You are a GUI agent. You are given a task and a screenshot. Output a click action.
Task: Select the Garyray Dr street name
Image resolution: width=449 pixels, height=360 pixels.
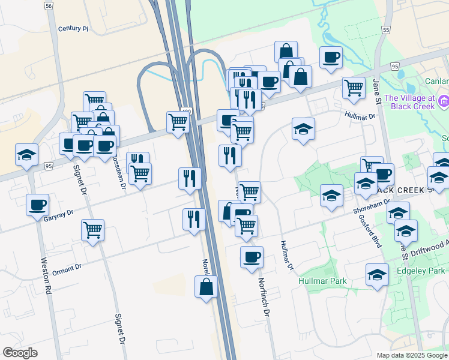pos(58,213)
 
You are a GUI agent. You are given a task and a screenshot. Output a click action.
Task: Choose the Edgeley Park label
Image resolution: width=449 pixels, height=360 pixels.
pos(419,271)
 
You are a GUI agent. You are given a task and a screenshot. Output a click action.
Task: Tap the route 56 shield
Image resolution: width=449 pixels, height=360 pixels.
pos(49,5)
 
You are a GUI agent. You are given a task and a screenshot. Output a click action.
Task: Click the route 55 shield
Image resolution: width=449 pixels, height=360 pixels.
pos(386,29)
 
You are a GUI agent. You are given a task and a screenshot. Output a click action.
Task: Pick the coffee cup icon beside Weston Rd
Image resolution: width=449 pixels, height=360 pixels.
pos(37,205)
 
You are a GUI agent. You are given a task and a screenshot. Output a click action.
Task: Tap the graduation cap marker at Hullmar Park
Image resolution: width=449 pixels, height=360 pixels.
pos(377,275)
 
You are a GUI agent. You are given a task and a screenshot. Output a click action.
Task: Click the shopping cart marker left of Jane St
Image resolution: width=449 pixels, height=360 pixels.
pos(354,87)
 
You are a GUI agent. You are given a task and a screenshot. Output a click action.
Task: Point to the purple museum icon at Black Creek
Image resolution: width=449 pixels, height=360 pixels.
pos(444,101)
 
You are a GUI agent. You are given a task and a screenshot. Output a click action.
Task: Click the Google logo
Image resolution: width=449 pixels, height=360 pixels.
pos(20,353)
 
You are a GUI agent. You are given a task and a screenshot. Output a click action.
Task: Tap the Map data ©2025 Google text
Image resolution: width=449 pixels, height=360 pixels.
pos(411,355)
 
